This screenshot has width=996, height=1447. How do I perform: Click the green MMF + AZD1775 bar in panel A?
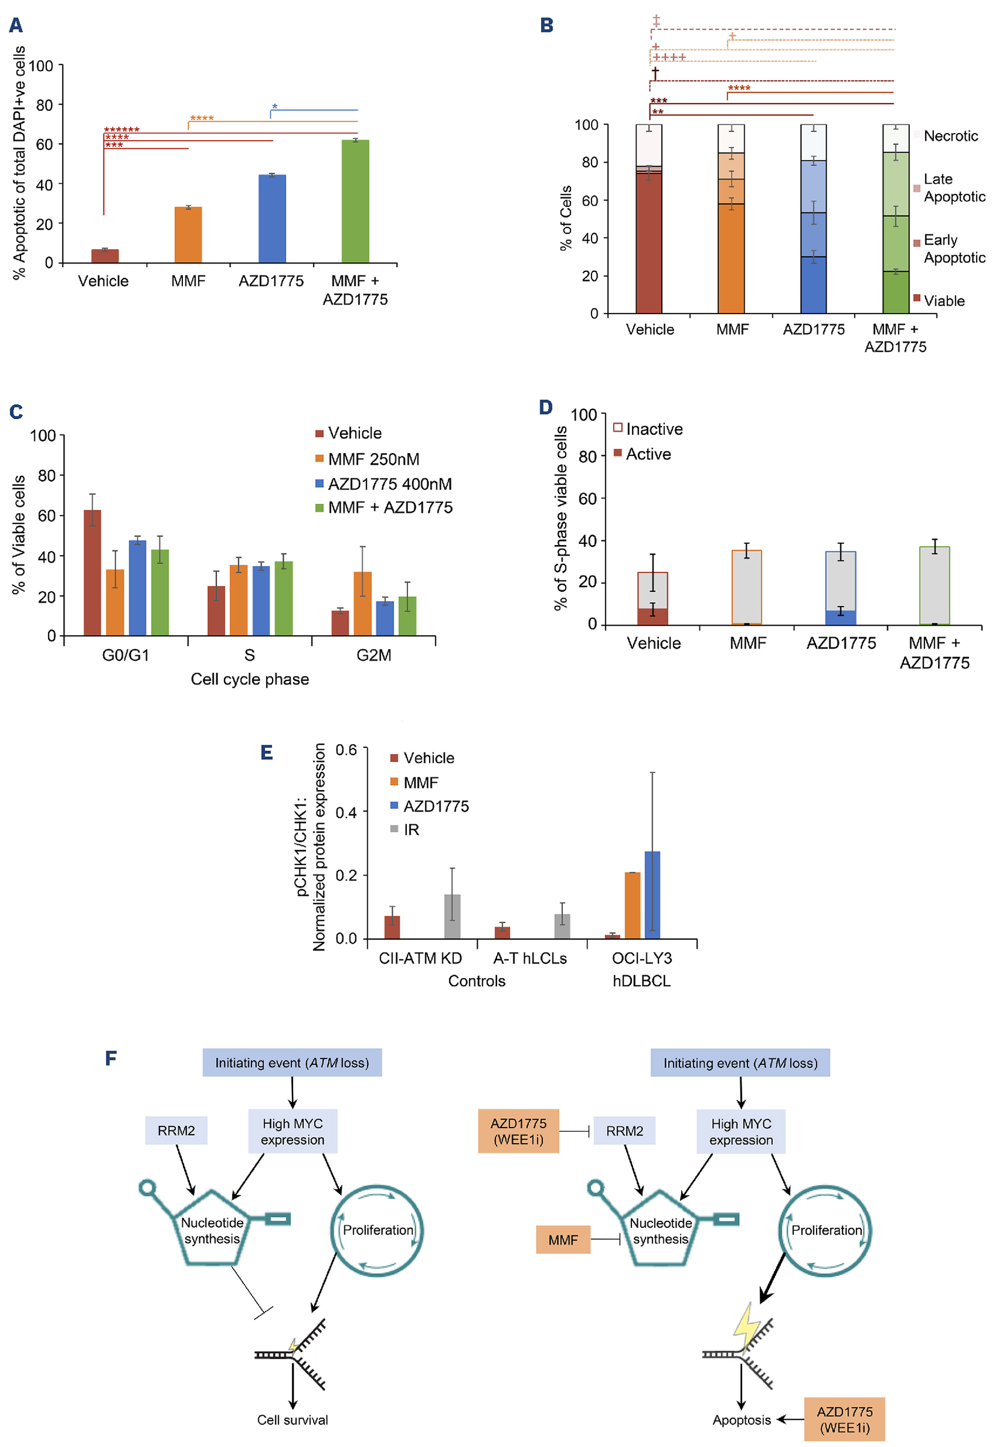click(x=355, y=201)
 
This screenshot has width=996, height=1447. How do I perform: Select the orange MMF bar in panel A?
click(x=188, y=235)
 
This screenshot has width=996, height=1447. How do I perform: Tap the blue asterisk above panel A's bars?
click(x=274, y=107)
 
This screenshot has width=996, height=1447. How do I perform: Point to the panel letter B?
click(x=546, y=26)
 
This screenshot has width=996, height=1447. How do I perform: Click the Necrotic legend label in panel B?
click(x=950, y=136)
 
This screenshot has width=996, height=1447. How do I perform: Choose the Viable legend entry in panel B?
click(x=944, y=301)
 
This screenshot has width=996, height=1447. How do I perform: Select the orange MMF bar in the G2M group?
click(x=362, y=603)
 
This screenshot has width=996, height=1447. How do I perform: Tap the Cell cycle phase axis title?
click(x=250, y=679)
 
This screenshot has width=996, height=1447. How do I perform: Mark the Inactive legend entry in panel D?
click(x=654, y=430)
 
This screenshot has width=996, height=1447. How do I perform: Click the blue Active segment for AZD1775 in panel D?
click(x=841, y=617)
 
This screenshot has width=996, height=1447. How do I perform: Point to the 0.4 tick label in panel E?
click(x=347, y=812)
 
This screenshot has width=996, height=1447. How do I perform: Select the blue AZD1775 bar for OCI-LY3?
click(x=652, y=895)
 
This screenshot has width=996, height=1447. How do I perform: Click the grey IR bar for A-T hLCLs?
click(x=562, y=926)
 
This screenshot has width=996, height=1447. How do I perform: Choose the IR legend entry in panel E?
click(x=410, y=830)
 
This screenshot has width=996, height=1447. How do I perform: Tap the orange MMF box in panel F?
click(x=563, y=1240)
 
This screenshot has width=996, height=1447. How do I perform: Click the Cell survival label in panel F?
click(x=292, y=1419)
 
